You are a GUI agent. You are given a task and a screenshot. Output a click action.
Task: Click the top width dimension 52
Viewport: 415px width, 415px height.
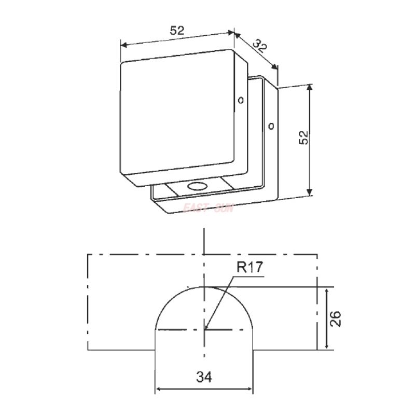(x=177, y=31)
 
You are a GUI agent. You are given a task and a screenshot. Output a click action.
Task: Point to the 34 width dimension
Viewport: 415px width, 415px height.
(x=204, y=378)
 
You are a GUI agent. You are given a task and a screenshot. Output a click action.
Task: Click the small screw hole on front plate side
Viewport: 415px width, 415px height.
(x=240, y=100)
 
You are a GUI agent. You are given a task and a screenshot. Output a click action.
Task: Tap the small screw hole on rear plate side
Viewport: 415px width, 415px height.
(x=271, y=125)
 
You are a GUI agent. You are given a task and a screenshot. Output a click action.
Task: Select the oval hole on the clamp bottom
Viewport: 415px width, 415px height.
(x=197, y=186)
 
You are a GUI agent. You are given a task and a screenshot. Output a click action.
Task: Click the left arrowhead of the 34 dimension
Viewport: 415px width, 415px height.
(x=159, y=390)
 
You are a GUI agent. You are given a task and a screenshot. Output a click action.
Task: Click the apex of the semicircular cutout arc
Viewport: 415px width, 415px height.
(x=205, y=286)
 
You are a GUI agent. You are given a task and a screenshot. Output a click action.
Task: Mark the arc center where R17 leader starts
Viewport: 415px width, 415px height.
(x=205, y=329)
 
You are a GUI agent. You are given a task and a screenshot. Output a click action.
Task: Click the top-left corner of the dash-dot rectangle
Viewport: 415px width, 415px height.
(x=87, y=255)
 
